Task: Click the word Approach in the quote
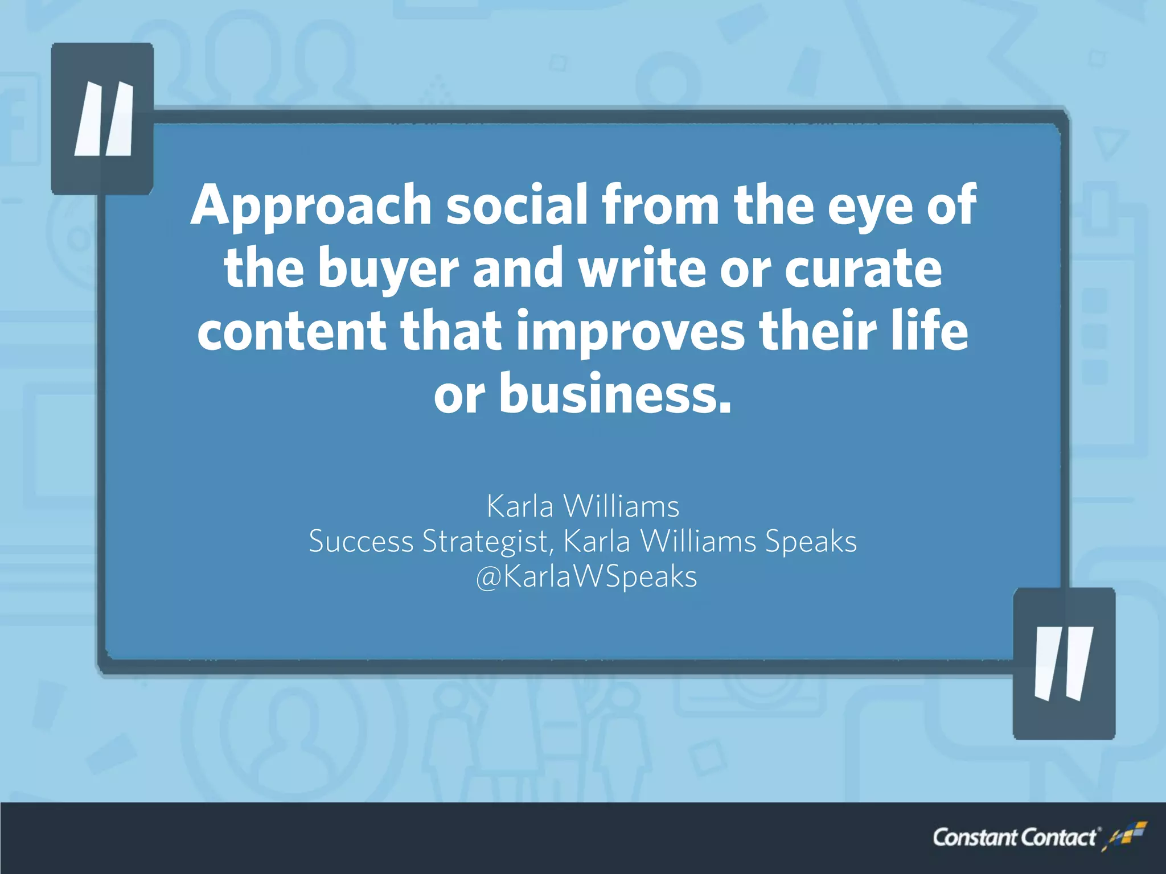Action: pyautogui.click(x=311, y=206)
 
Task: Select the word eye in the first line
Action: pyautogui.click(x=869, y=206)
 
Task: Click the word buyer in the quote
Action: pyautogui.click(x=388, y=269)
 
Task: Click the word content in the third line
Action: pyautogui.click(x=291, y=332)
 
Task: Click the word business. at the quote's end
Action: pyautogui.click(x=615, y=394)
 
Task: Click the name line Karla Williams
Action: pyautogui.click(x=583, y=506)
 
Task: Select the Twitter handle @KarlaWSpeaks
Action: pyautogui.click(x=586, y=576)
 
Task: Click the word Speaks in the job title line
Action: pyautogui.click(x=811, y=542)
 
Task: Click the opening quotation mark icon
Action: pyautogui.click(x=103, y=119)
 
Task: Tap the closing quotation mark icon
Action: pyautogui.click(x=1064, y=663)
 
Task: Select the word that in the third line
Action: pyautogui.click(x=451, y=331)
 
